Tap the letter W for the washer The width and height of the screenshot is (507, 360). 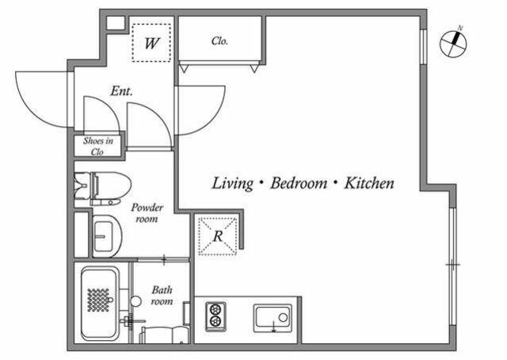(x=151, y=43)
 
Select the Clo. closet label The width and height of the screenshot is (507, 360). (x=220, y=40)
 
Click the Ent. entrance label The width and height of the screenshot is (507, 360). (x=121, y=91)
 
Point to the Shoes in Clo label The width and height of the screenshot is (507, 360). (x=98, y=146)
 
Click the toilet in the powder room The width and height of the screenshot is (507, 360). (x=102, y=189)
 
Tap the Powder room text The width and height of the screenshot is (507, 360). (x=147, y=213)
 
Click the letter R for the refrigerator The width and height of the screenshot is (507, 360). (x=218, y=236)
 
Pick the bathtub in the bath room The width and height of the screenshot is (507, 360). (x=100, y=304)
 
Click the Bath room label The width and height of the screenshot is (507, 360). (x=162, y=295)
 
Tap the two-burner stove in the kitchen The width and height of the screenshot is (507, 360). (x=215, y=316)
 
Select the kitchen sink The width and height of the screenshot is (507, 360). (x=273, y=318)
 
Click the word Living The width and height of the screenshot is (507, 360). (x=232, y=183)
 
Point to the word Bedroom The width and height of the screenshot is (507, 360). (x=299, y=183)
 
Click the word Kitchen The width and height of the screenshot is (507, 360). (x=369, y=183)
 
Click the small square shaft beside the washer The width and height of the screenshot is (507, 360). (x=116, y=23)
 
